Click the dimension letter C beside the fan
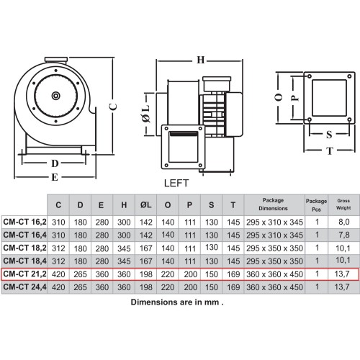click(x=113, y=107)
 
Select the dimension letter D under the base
click(x=55, y=163)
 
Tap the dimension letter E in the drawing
click(x=55, y=177)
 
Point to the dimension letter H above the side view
click(x=200, y=60)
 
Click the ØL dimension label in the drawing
click(x=146, y=114)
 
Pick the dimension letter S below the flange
click(x=329, y=135)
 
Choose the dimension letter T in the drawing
click(x=330, y=150)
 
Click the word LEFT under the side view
click(x=176, y=183)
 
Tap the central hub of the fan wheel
click(x=56, y=96)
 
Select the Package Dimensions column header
click(x=273, y=204)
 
